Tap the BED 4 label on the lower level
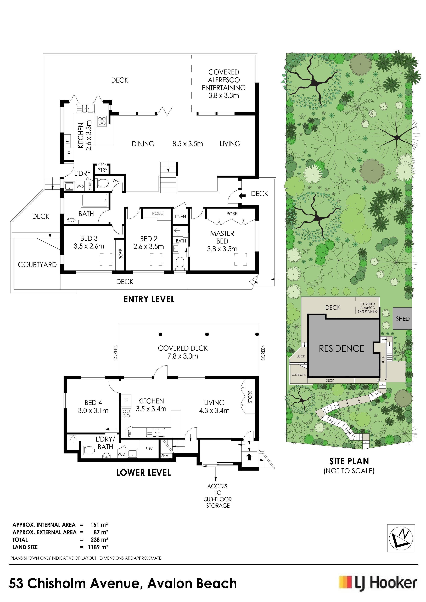pos(93,402)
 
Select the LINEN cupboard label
pos(180,217)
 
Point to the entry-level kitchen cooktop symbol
pos(102,121)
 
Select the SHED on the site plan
pos(402,319)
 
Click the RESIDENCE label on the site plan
pos(341,349)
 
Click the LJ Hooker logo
pos(378,584)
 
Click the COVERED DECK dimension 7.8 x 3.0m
pos(183,356)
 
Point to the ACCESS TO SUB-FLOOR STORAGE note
pos(218,496)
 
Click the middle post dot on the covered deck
pos(207,334)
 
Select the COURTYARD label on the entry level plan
pos(37,265)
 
